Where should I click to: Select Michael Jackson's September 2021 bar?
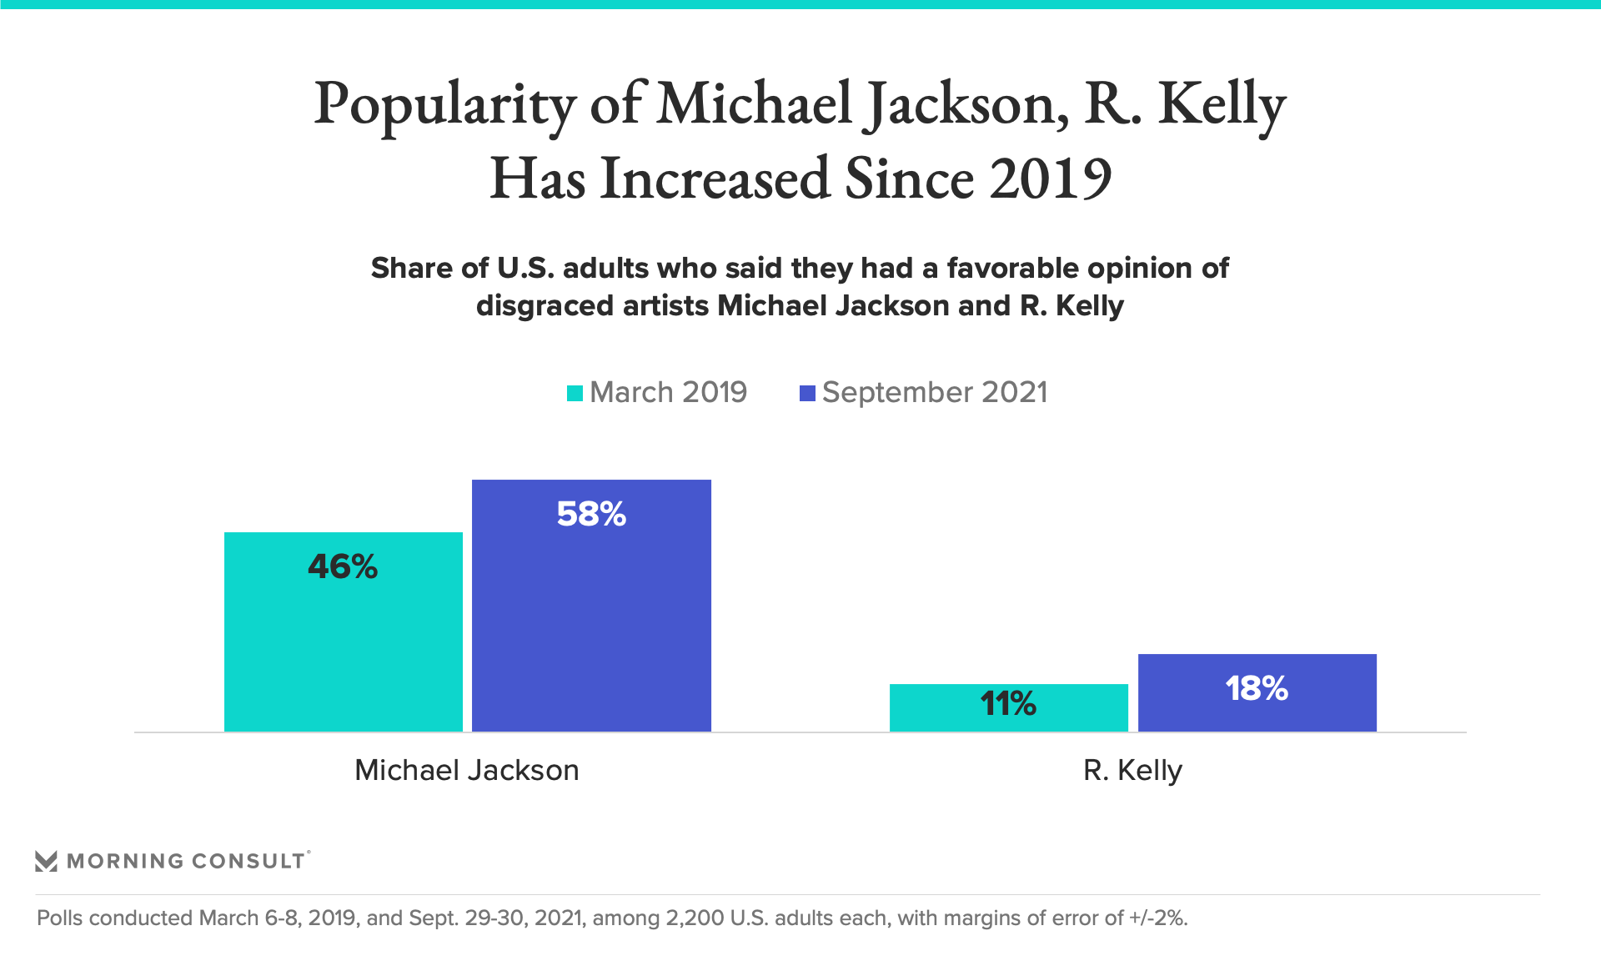coord(591,626)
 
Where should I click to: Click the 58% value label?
coord(591,514)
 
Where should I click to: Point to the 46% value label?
coord(343,567)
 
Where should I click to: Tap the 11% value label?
coord(1008,704)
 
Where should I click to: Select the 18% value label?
coord(1257,689)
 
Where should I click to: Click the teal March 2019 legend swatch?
coord(575,393)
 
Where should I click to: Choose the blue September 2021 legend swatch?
coord(807,393)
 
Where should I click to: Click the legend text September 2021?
coord(935,392)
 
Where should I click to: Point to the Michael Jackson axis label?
coord(467,770)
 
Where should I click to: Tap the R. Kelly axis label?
coord(1132,770)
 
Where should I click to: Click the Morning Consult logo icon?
coord(47,861)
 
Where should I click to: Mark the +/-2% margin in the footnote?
coord(1158,918)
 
